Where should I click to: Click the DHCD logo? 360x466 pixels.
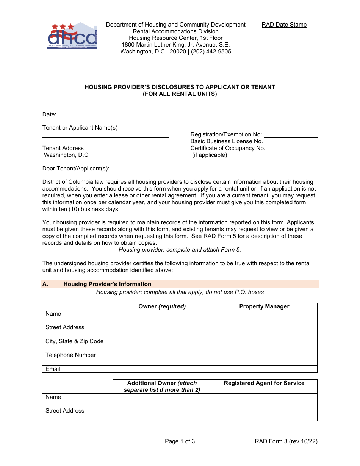click(72, 36)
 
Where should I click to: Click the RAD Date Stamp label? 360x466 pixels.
click(284, 25)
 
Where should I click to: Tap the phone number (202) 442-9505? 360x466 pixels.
click(211, 52)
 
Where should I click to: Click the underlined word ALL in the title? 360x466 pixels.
click(164, 94)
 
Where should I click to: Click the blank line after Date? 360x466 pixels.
click(116, 114)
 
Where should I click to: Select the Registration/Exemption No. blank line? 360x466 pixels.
click(290, 134)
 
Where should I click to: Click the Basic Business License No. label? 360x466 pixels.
click(227, 141)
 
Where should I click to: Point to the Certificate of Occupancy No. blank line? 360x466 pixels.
click(292, 148)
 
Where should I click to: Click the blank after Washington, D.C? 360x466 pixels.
click(110, 155)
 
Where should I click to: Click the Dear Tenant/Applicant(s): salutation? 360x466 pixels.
click(76, 169)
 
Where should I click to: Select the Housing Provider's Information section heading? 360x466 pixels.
click(107, 284)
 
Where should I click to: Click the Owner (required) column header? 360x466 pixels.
click(162, 306)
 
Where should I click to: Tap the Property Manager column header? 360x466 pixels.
click(264, 306)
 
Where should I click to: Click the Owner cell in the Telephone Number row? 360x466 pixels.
click(162, 358)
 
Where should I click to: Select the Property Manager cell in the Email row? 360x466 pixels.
click(264, 369)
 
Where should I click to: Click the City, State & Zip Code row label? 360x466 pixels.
click(74, 341)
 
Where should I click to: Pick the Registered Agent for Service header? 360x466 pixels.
click(264, 383)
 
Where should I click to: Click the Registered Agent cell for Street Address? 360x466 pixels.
click(264, 414)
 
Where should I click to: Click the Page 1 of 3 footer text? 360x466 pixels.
click(180, 441)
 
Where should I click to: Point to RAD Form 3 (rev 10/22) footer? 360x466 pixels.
click(286, 441)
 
